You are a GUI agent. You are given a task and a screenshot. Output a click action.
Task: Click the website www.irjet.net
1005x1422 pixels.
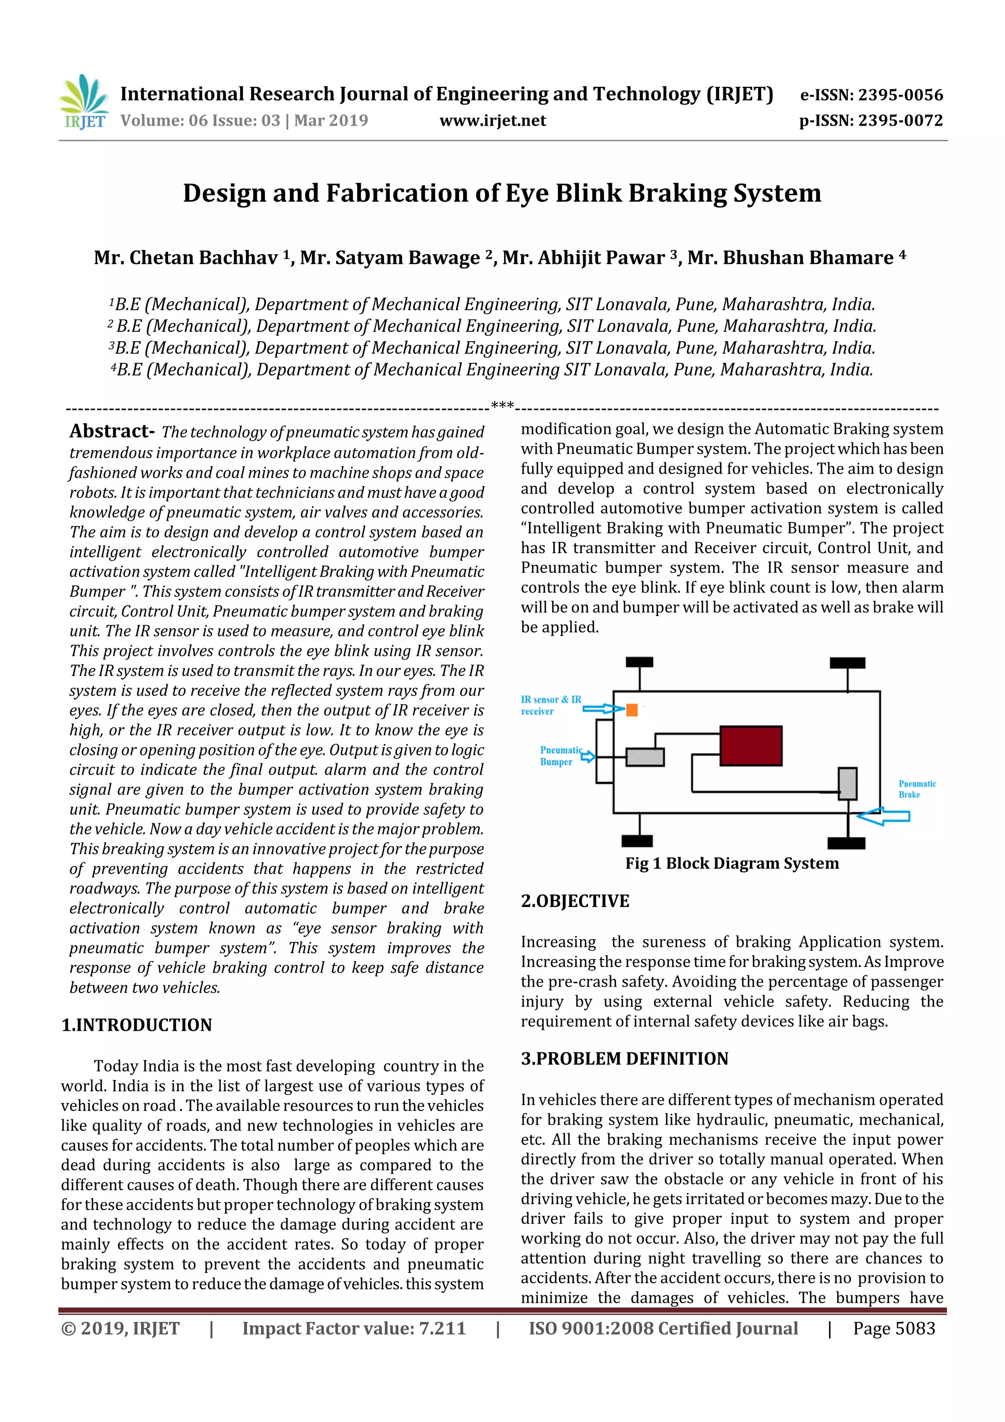(492, 120)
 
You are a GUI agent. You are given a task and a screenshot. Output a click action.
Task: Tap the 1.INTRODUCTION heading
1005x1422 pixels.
(136, 1025)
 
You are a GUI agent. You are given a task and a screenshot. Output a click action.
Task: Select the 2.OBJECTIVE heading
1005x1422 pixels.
(575, 901)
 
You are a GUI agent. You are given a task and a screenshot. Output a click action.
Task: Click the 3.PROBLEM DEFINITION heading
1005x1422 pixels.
(624, 1058)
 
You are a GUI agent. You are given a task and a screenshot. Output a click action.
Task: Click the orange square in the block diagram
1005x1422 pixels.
(632, 710)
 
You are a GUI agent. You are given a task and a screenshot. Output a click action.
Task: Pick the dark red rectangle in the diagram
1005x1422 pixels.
(750, 746)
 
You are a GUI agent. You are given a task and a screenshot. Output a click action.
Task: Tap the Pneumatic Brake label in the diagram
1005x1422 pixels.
(917, 789)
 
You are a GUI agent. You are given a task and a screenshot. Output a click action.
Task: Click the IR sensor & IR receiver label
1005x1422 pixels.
(551, 705)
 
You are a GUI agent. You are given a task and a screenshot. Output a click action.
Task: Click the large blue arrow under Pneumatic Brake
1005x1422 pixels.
(884, 816)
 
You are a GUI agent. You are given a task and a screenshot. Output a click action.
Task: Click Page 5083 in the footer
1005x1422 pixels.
(894, 1328)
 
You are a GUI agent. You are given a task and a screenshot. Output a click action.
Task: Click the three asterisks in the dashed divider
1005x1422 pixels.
(502, 405)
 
